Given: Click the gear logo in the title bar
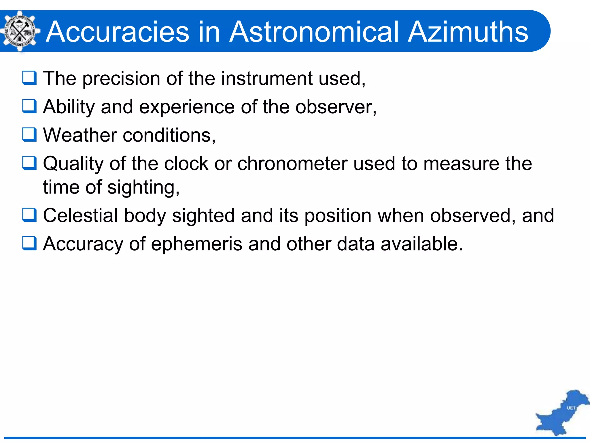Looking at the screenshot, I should [x=20, y=31].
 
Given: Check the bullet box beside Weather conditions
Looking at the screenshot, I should [x=29, y=135].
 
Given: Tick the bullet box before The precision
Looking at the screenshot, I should [x=29, y=78].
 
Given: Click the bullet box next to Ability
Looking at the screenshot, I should [x=29, y=106].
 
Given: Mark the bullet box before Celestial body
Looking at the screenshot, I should [x=29, y=215].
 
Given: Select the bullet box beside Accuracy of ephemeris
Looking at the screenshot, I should [x=29, y=243].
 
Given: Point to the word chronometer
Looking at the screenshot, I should [x=292, y=164].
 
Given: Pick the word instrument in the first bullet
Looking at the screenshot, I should [x=267, y=78].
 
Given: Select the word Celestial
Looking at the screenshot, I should [x=80, y=215].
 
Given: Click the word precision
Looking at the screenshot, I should [x=121, y=79].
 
